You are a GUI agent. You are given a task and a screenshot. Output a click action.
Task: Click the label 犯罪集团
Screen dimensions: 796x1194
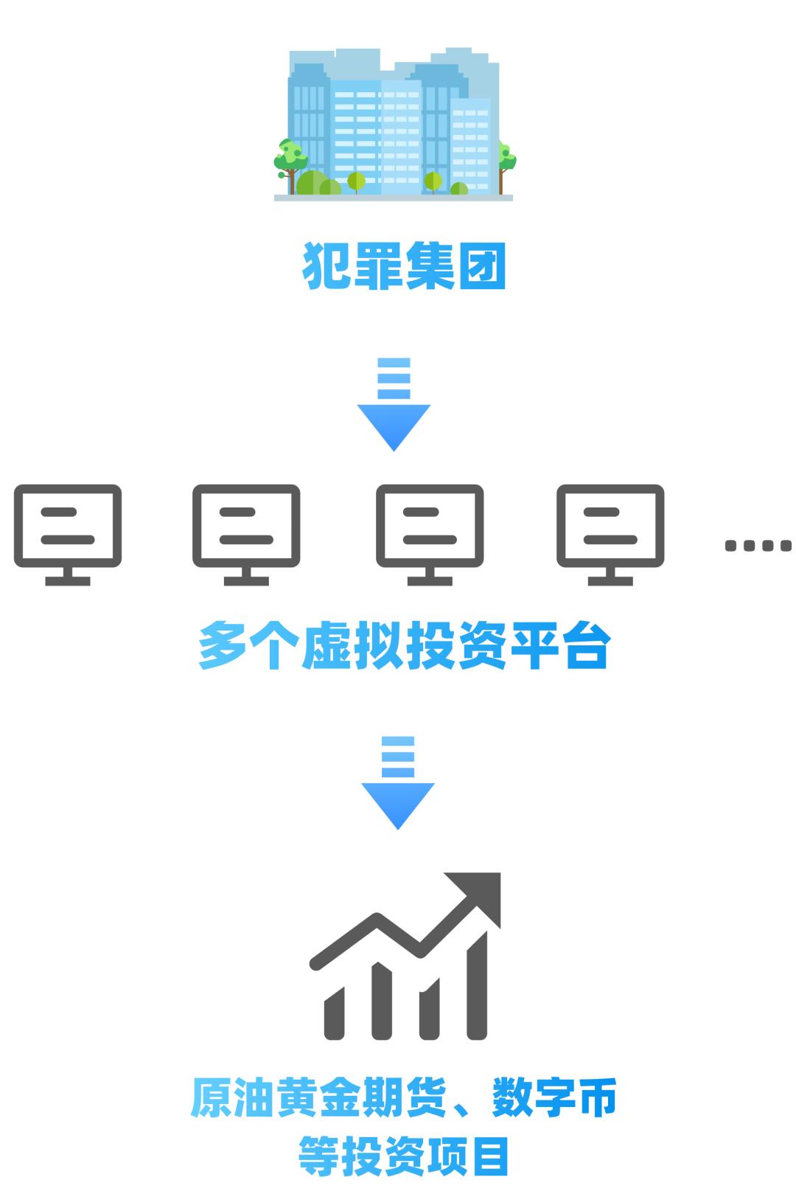coord(404,266)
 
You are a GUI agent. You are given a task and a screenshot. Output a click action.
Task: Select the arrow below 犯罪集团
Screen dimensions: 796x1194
coord(394,404)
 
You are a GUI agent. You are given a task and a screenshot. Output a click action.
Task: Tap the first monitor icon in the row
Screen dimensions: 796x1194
coord(68,535)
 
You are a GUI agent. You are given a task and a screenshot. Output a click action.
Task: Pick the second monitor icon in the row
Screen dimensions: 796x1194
coord(246,535)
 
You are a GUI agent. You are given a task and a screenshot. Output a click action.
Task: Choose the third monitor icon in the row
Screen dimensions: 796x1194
coord(430,535)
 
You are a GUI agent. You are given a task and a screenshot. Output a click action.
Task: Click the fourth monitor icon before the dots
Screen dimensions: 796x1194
coord(610,535)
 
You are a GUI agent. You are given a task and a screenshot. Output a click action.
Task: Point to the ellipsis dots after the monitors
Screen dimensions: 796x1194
coord(758,545)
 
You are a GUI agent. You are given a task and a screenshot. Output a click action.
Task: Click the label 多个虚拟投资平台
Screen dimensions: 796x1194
coord(405,645)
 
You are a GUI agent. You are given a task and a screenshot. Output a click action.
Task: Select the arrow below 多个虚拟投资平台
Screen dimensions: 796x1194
coord(398,782)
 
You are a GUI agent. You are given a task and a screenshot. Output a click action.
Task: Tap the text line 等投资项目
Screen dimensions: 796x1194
coord(403,1156)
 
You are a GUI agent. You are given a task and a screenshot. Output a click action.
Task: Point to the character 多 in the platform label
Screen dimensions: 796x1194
coord(222,645)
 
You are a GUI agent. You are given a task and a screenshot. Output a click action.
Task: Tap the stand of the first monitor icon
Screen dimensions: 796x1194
coord(68,576)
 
